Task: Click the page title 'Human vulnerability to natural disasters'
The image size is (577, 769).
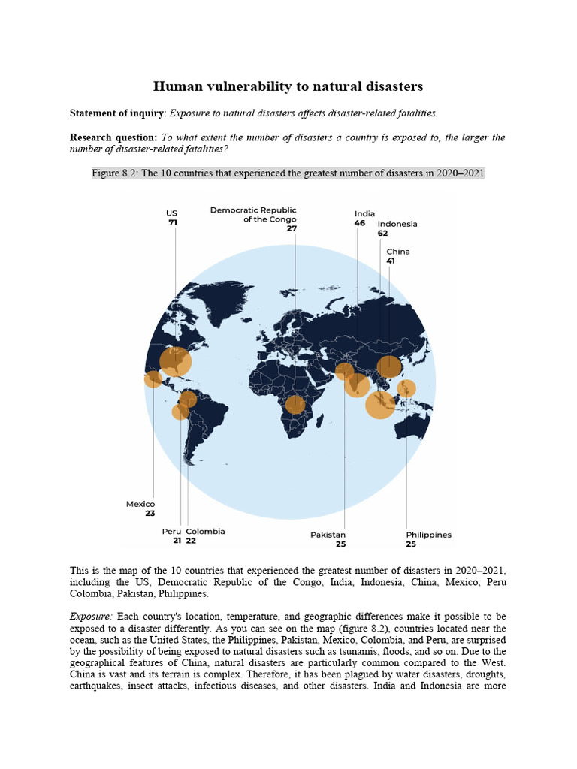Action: pyautogui.click(x=288, y=86)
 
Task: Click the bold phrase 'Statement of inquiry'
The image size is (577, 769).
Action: pyautogui.click(x=116, y=113)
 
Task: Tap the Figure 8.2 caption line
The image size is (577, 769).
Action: pyautogui.click(x=288, y=173)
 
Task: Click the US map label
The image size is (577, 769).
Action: pyautogui.click(x=171, y=213)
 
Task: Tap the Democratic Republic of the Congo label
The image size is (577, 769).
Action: pyautogui.click(x=254, y=215)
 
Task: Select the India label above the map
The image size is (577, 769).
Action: pyautogui.click(x=364, y=213)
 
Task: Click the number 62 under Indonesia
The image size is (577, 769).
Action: pyautogui.click(x=383, y=234)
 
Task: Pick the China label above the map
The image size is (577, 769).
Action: pyautogui.click(x=398, y=252)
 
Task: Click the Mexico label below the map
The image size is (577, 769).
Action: pyautogui.click(x=140, y=504)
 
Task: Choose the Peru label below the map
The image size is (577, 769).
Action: pyautogui.click(x=171, y=531)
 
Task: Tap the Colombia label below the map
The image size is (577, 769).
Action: pyautogui.click(x=205, y=531)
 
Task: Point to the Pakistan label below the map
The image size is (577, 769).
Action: pyautogui.click(x=328, y=535)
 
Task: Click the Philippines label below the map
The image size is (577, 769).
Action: pyautogui.click(x=428, y=535)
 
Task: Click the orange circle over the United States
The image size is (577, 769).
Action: pyautogui.click(x=176, y=361)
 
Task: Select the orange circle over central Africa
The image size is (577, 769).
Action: pyautogui.click(x=295, y=405)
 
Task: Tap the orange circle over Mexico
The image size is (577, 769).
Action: pyautogui.click(x=153, y=379)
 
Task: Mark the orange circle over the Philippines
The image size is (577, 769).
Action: pyautogui.click(x=406, y=388)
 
